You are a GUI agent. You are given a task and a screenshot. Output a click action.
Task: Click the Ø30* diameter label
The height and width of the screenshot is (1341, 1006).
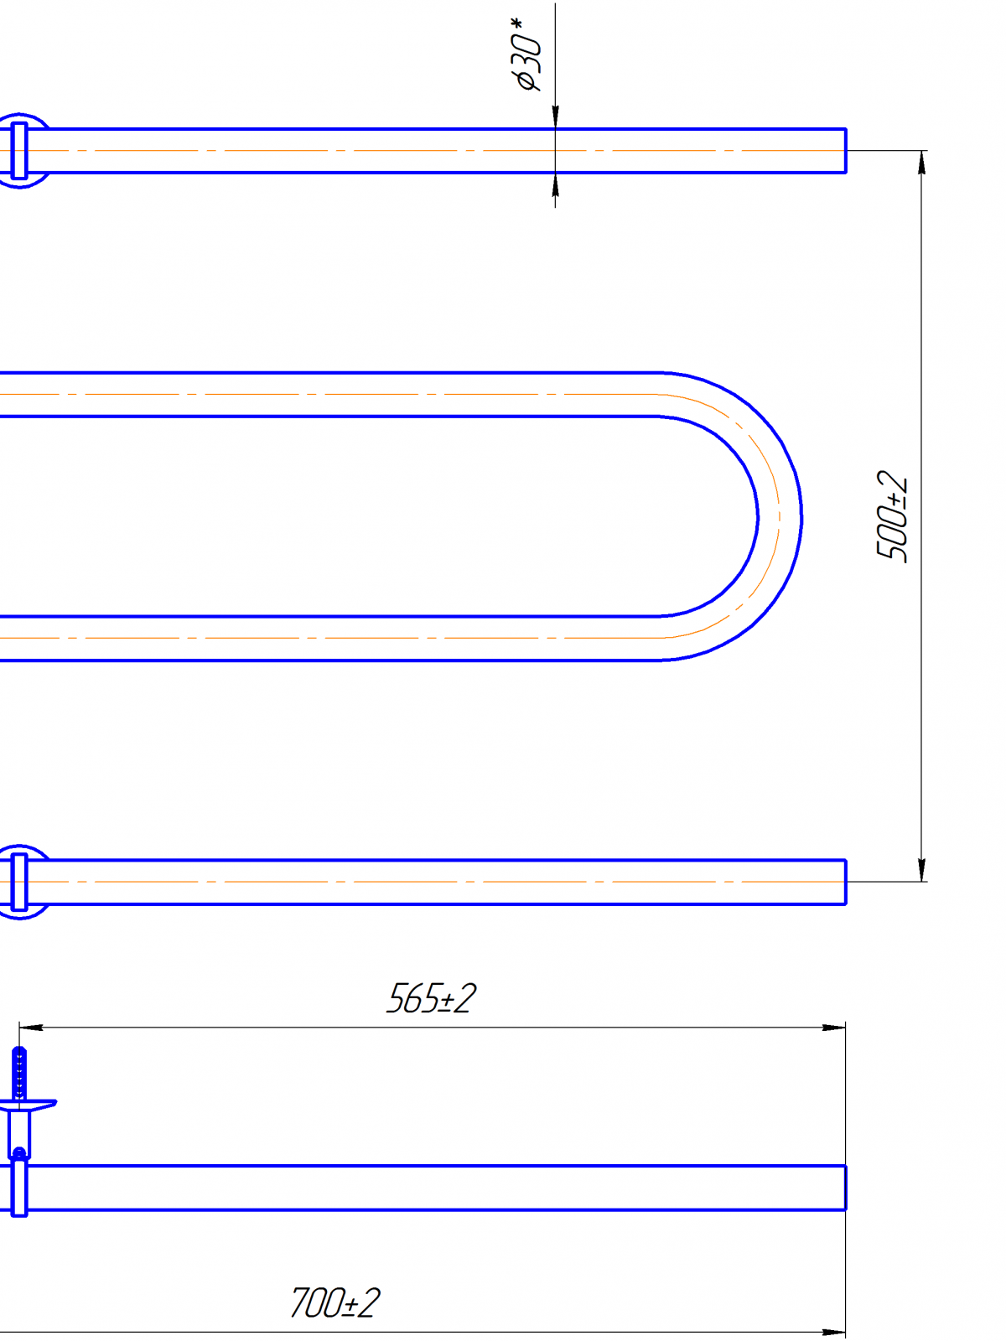526,55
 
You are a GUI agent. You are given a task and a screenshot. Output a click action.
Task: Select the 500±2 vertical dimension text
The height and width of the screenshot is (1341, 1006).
892,516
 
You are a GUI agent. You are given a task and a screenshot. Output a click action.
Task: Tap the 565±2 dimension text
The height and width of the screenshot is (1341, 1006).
431,999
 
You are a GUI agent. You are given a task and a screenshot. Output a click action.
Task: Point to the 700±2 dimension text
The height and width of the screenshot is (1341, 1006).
334,1303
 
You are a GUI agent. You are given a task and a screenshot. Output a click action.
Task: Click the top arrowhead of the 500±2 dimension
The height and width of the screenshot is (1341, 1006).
921,162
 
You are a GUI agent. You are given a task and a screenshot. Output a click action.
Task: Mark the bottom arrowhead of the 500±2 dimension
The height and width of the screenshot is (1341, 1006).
921,870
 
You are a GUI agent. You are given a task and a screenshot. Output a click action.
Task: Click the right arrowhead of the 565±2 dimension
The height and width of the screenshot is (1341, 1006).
834,1028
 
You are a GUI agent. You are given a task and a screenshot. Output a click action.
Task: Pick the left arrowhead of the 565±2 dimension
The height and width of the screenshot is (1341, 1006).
31,1028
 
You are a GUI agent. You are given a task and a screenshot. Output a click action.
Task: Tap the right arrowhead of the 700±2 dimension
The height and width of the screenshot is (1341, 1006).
834,1333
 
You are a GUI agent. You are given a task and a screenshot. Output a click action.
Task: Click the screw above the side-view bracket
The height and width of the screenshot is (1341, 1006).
19,1074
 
